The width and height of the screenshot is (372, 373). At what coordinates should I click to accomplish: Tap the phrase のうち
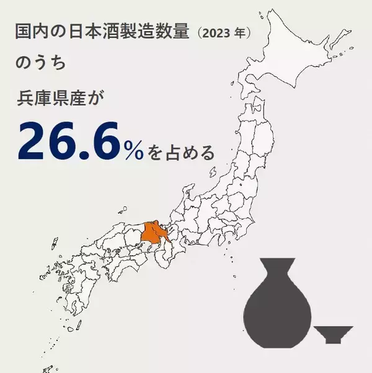(37, 65)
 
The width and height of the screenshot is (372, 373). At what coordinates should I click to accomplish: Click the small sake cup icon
(334, 332)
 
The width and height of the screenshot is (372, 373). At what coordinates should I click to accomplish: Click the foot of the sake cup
(334, 340)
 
